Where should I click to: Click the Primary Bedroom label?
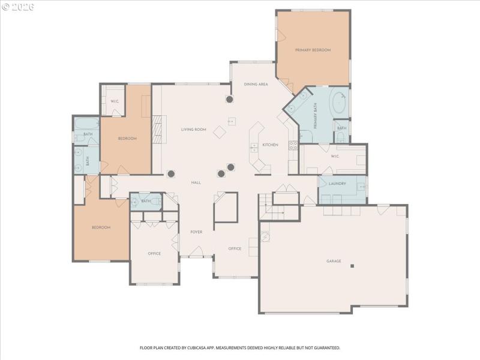click(x=313, y=50)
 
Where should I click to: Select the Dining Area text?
click(x=256, y=85)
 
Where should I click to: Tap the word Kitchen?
click(x=270, y=145)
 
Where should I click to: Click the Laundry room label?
click(x=337, y=184)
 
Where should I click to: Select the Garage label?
click(x=334, y=261)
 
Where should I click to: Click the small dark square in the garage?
click(x=352, y=266)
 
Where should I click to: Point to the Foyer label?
click(x=196, y=232)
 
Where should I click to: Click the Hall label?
click(x=196, y=182)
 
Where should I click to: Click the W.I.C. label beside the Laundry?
click(x=335, y=157)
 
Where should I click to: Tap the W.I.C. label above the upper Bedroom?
click(x=115, y=101)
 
